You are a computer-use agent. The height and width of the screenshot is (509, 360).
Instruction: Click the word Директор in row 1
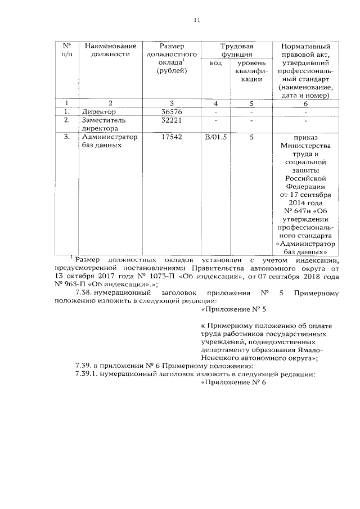[99, 111]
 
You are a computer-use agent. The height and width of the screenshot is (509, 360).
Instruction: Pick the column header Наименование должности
[111, 50]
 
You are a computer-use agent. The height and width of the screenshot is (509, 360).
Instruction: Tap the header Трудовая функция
[236, 50]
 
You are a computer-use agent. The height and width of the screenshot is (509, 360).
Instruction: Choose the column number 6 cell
[305, 103]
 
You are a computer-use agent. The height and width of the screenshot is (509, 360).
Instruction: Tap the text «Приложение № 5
[233, 309]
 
